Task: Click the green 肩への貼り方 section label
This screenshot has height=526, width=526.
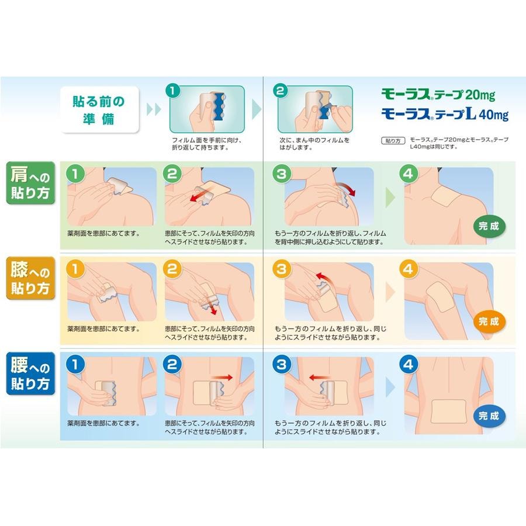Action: coord(30,183)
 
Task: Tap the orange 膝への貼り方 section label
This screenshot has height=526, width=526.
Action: coord(30,278)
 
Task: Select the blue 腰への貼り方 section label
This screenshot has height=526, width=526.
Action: coord(30,373)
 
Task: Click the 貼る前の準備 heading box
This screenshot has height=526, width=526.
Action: coord(99,110)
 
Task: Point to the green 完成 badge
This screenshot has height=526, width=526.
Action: coord(489,226)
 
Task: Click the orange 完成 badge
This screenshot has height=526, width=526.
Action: coord(489,321)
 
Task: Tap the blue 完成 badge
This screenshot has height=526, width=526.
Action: coord(489,416)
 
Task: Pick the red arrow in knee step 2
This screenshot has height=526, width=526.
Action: coord(212,306)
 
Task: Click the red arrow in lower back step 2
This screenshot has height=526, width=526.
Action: coord(223,378)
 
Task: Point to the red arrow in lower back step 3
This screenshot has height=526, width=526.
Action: coord(320,378)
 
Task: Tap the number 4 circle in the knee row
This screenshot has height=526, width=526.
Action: coord(408,269)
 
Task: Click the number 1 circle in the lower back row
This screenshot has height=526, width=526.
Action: coord(75,364)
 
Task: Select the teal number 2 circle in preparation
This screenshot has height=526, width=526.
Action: coord(281,91)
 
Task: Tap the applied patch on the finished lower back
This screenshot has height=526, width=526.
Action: coord(448,411)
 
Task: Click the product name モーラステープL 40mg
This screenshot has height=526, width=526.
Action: coord(445,114)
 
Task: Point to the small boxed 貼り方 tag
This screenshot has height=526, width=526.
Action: coord(393,140)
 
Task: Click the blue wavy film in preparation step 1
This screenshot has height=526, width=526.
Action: coord(221,105)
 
